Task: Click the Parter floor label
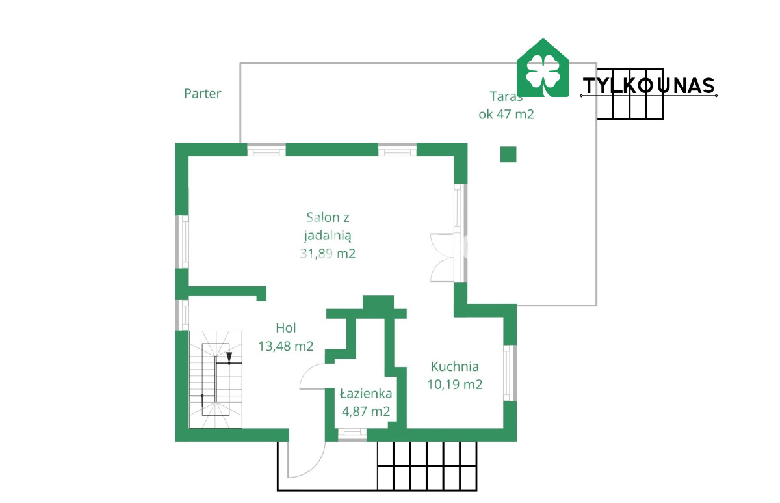(x=202, y=94)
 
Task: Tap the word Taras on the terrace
(x=506, y=96)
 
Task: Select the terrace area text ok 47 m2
(x=506, y=115)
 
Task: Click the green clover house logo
(x=543, y=68)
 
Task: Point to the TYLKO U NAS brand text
(x=649, y=86)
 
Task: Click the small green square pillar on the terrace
(x=508, y=154)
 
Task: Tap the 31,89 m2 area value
(x=328, y=254)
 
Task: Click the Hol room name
(x=285, y=328)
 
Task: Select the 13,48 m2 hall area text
(x=286, y=346)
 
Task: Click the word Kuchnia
(x=454, y=366)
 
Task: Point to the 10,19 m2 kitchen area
(x=455, y=385)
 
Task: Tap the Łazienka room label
(x=366, y=394)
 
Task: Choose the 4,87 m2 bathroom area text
(x=365, y=412)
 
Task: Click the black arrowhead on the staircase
(x=229, y=357)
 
